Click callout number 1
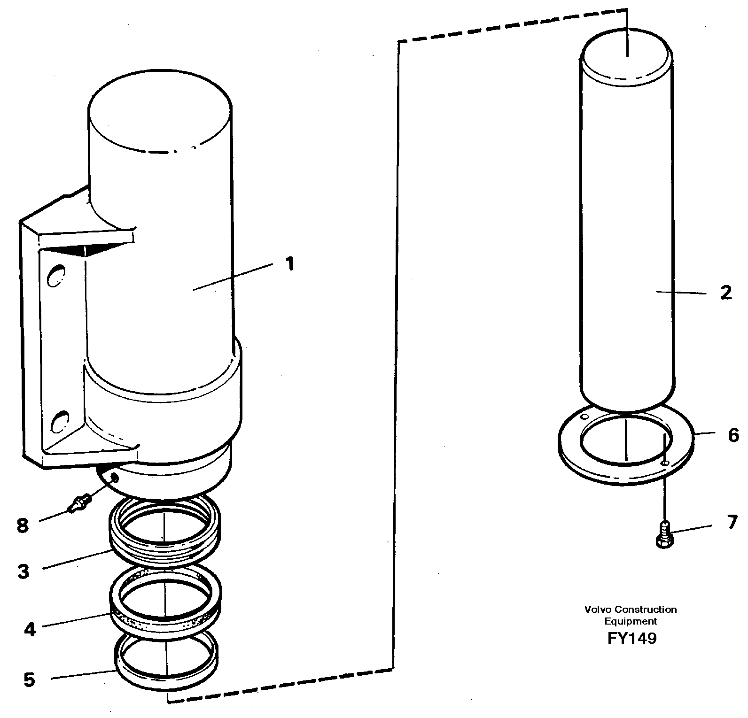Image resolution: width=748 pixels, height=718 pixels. (290, 263)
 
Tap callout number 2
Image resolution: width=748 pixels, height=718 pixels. (726, 293)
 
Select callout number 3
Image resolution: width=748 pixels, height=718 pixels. (24, 571)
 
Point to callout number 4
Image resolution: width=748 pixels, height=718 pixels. (30, 629)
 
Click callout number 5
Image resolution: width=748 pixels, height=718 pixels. (29, 679)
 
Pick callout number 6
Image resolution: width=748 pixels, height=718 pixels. (733, 435)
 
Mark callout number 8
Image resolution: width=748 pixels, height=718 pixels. (23, 525)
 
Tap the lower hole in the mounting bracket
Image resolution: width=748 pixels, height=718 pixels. (60, 421)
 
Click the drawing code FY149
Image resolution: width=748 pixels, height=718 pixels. (631, 639)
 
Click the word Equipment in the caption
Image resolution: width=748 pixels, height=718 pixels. (631, 621)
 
